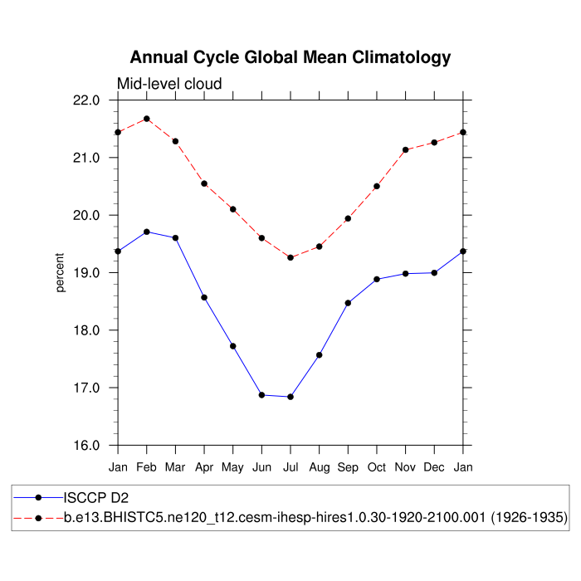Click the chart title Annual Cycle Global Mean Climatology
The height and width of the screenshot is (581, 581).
point(290,57)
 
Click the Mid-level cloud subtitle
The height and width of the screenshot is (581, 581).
point(169,84)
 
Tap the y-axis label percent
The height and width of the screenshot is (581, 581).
point(61,273)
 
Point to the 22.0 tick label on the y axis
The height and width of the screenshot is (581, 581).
point(87,100)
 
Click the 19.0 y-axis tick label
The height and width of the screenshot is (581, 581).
point(87,273)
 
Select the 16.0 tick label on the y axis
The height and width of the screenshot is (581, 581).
point(87,446)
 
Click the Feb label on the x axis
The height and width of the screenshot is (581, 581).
point(147,468)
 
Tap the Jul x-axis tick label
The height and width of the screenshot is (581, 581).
point(290,468)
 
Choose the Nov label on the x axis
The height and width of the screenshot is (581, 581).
point(406,468)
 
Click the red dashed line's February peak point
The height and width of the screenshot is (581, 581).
point(147,119)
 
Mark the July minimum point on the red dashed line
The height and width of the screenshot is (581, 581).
point(290,257)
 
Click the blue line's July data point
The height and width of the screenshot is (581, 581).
point(290,397)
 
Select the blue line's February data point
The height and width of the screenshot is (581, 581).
point(147,232)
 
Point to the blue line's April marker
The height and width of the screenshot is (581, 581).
point(204,297)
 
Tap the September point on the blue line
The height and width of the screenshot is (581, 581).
point(348,303)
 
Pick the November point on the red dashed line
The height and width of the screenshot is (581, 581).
point(406,149)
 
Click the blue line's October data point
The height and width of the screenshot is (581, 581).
point(377,279)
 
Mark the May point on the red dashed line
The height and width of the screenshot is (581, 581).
point(233,209)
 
